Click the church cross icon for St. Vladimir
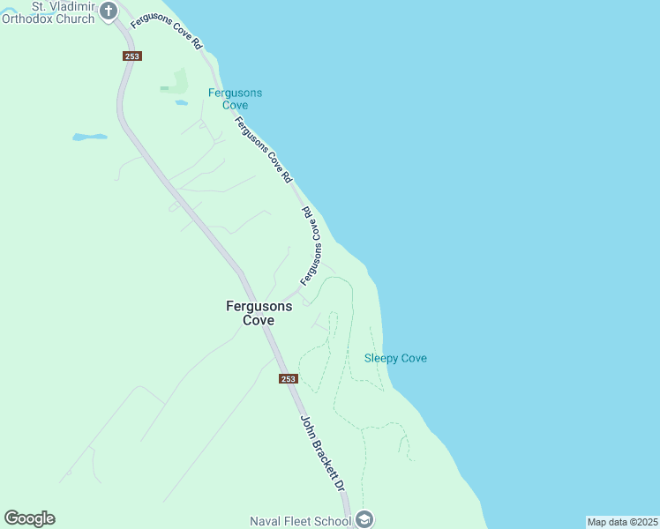[109, 11]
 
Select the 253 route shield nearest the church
[132, 56]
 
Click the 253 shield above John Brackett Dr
[289, 378]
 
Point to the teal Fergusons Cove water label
[235, 99]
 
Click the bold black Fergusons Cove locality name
[259, 313]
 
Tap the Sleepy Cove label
[395, 358]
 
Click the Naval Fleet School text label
[300, 520]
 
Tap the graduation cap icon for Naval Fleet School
[365, 519]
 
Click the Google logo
[29, 518]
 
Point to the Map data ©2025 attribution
[622, 522]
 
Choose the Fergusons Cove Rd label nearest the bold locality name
[308, 247]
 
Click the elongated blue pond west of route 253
[89, 137]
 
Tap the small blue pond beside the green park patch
[181, 102]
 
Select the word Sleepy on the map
[380, 358]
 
